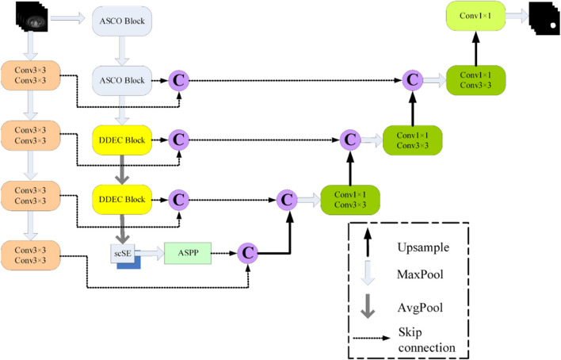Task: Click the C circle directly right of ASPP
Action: (x=248, y=252)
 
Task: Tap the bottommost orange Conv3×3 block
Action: (x=31, y=255)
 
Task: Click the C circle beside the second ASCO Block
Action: (x=180, y=80)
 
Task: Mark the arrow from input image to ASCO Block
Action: (x=69, y=17)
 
